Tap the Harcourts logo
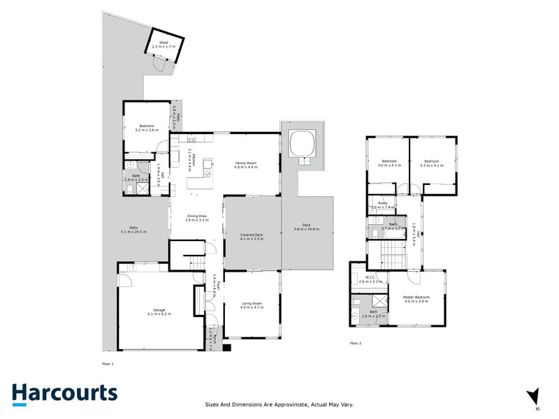[x=64, y=393]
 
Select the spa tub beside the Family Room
[x=303, y=142]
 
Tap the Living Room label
[x=251, y=304]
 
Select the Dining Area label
[x=198, y=218]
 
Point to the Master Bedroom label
[x=416, y=298]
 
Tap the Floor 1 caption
[x=107, y=364]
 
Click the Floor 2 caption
[x=356, y=344]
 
